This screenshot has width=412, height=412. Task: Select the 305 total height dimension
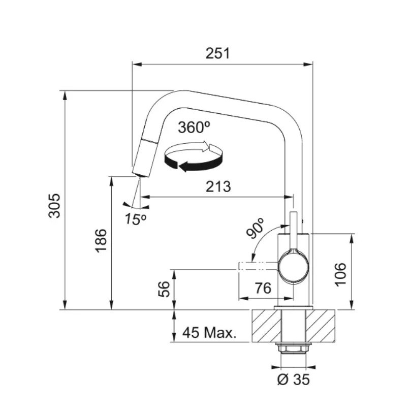point(54,206)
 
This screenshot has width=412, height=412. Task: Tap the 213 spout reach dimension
point(218,186)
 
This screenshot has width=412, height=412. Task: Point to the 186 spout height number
point(101,241)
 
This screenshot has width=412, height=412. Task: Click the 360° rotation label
point(195,128)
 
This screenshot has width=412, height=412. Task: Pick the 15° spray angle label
point(135,218)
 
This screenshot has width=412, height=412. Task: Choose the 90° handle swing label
point(255,228)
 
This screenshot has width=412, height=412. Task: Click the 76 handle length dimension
point(263,288)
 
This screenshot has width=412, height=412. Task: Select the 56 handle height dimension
point(164,289)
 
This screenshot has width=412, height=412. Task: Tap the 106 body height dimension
point(340,274)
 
